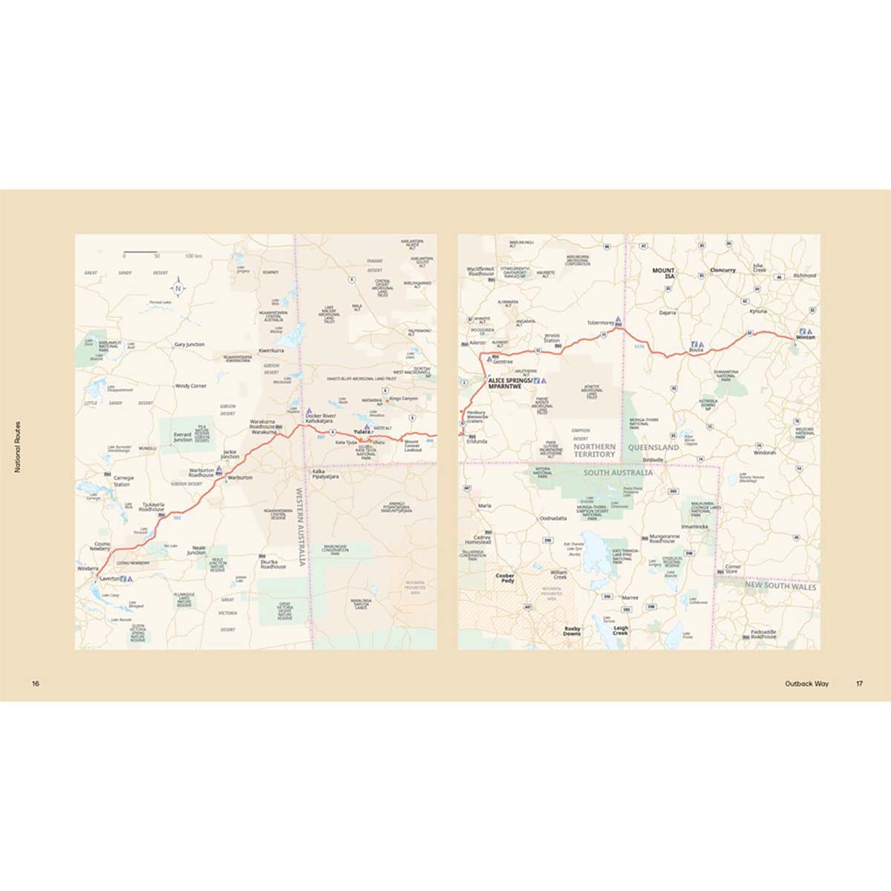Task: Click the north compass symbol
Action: [178, 287]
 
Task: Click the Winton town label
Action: [805, 338]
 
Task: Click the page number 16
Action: [35, 684]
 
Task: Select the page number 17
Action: [858, 684]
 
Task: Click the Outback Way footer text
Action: [806, 684]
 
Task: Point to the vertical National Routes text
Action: [16, 446]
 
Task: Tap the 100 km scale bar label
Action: [194, 255]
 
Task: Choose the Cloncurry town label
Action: [722, 270]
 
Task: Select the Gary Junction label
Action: [189, 345]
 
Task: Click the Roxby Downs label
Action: [572, 630]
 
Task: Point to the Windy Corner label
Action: [190, 386]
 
